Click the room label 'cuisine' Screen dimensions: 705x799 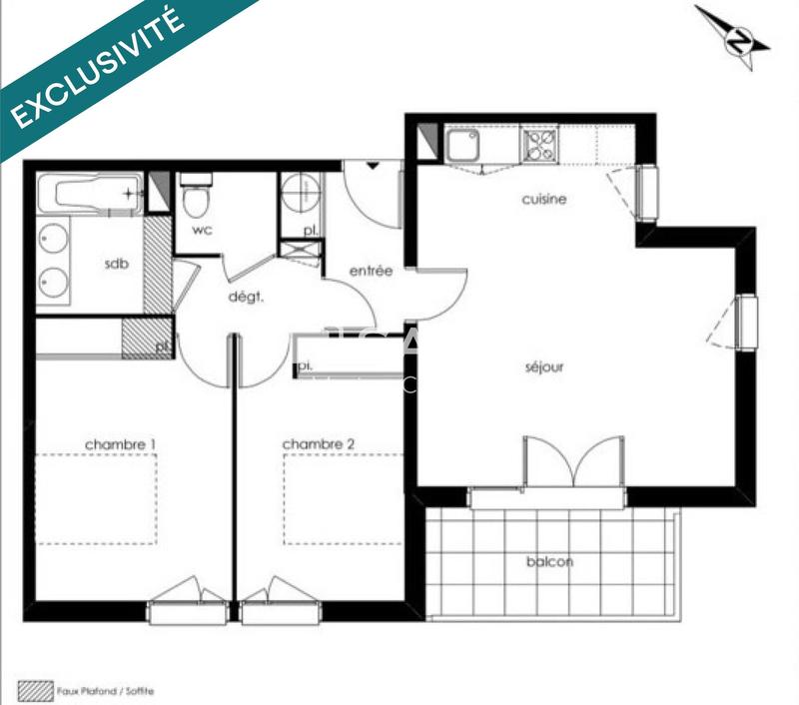pos(544,199)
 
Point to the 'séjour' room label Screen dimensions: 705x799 pos(544,366)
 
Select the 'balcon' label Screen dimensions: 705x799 pos(550,561)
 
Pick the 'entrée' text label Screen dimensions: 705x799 pos(371,271)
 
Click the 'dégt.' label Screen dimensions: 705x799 pos(246,296)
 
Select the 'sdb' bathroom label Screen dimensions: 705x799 pos(119,265)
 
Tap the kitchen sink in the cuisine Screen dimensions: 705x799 pos(461,147)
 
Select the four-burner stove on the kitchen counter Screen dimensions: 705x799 pos(537,146)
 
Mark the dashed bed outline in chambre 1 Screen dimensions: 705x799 pos(97,498)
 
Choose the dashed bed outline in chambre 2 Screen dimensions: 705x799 pos(320,498)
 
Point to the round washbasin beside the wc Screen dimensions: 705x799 pos(297,193)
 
